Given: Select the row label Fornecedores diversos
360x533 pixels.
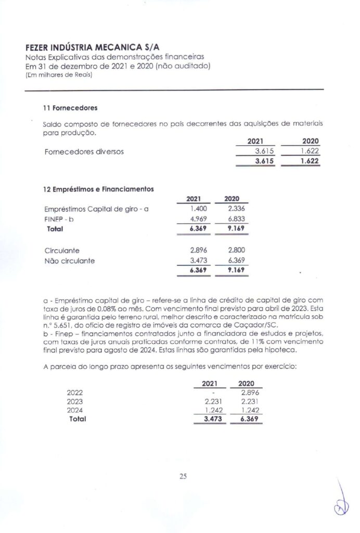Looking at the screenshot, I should [x=84, y=152].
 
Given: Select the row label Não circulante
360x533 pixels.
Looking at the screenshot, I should [x=70, y=261].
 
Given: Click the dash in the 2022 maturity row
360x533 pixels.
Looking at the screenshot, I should [x=214, y=393].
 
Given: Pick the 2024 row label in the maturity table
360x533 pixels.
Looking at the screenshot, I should [x=75, y=410].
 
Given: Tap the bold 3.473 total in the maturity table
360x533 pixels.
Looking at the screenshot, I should [x=213, y=418].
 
